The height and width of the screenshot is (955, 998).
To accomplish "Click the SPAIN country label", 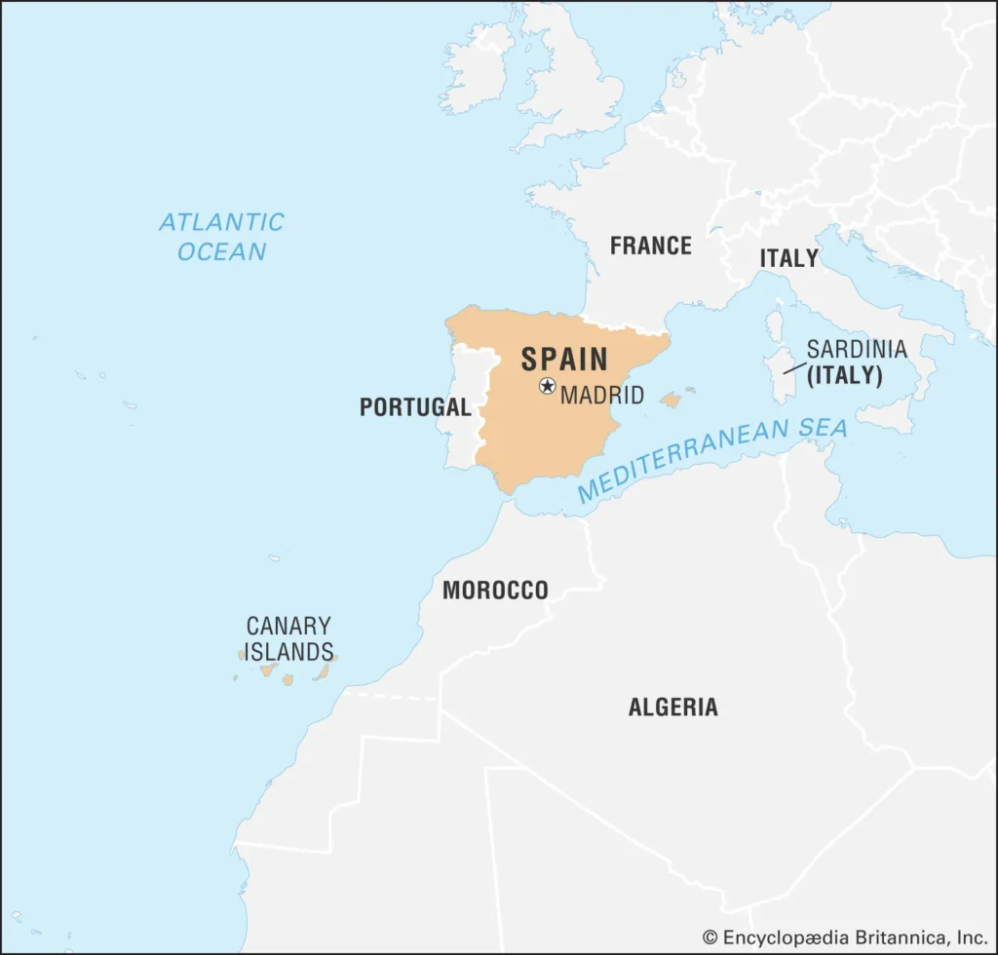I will pyautogui.click(x=564, y=359).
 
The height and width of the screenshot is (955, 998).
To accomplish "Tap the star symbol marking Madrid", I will pyautogui.click(x=547, y=386).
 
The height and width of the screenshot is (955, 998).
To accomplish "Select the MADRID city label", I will pyautogui.click(x=602, y=396).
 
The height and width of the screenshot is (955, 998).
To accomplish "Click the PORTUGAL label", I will pyautogui.click(x=414, y=407).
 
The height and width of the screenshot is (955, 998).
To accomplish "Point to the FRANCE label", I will pyautogui.click(x=650, y=246).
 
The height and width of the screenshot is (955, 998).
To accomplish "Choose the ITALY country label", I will pyautogui.click(x=788, y=258).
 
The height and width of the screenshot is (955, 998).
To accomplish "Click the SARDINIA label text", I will pyautogui.click(x=856, y=349).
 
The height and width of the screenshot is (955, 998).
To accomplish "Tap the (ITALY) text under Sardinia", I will pyautogui.click(x=845, y=375).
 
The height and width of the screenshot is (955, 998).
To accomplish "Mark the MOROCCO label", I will pyautogui.click(x=495, y=591).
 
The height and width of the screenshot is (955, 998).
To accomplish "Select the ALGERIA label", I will pyautogui.click(x=672, y=707).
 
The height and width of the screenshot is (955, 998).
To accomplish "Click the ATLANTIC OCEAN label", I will pyautogui.click(x=221, y=237).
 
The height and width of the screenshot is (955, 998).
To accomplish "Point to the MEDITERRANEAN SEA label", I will pyautogui.click(x=711, y=460).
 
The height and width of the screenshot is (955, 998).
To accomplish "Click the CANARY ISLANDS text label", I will pyautogui.click(x=288, y=638).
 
